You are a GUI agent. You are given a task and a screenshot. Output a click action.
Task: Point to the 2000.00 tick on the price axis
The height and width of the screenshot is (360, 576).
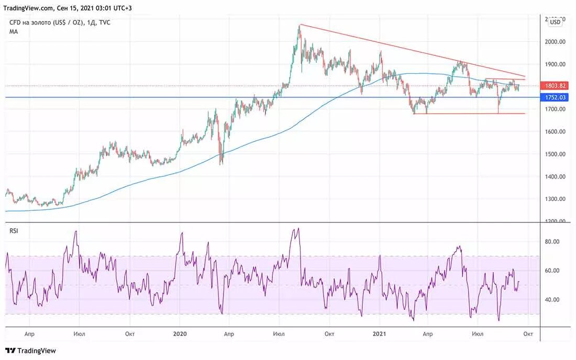[x=555, y=42]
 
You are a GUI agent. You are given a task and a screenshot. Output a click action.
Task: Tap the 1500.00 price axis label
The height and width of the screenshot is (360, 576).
[x=555, y=154]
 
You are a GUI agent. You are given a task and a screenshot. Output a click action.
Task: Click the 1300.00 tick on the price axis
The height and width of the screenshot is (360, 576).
[x=555, y=199]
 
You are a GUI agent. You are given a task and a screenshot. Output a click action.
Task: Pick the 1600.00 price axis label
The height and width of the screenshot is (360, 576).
[x=555, y=132]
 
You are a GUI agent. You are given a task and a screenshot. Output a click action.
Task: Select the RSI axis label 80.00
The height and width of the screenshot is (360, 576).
[x=553, y=242]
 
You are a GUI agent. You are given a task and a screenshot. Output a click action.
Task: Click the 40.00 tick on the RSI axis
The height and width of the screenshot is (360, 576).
[x=553, y=300]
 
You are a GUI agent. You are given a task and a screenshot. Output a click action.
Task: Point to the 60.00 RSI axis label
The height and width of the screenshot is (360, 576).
[x=553, y=271]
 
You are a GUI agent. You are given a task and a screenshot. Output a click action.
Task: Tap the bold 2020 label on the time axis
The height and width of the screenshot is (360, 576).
[x=180, y=333]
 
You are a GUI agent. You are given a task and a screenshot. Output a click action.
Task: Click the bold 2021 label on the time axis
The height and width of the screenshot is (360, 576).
[x=379, y=333]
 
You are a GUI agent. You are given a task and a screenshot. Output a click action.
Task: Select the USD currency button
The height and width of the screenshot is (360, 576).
[x=555, y=22]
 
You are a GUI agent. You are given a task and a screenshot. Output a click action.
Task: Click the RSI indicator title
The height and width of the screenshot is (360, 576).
[x=14, y=231]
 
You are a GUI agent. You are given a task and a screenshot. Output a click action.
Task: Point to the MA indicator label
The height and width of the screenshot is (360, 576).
[x=14, y=31]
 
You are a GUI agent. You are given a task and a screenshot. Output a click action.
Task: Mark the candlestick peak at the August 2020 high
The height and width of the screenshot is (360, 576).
[x=300, y=25]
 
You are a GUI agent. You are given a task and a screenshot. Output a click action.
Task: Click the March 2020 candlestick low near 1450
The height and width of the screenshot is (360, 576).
[x=221, y=164]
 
